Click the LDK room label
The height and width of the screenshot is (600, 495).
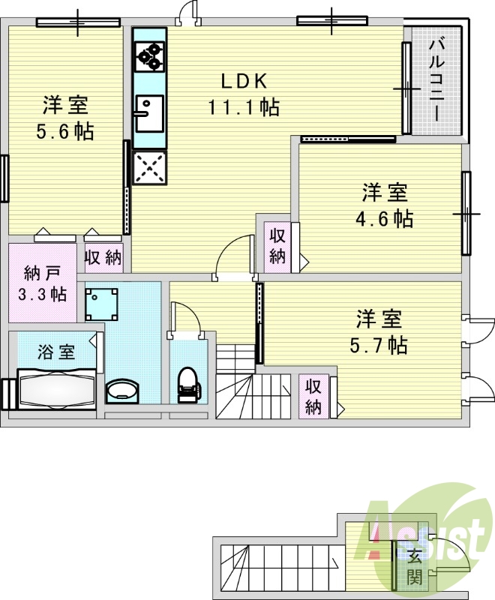coord(244,81)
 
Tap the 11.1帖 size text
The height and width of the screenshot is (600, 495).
coord(244,106)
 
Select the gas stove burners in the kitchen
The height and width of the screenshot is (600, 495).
coord(149,58)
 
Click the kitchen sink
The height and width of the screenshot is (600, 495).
coord(149,114)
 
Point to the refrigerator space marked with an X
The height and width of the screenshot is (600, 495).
coord(149,167)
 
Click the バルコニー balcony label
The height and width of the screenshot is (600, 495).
coord(436,79)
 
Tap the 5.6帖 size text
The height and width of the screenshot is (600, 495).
coord(65,132)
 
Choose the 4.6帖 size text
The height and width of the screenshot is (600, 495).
coord(385,219)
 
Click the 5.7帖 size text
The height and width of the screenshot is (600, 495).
coord(378,345)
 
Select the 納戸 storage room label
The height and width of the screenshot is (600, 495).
coord(42,274)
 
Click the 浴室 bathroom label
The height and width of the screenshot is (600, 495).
coord(55,352)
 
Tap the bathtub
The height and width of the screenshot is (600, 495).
coord(56,389)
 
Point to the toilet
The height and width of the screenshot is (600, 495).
coord(189,385)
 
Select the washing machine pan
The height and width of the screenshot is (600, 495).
coord(101,304)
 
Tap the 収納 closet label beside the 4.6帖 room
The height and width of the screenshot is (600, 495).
coord(277,246)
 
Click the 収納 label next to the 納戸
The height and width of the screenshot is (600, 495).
coord(103,257)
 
